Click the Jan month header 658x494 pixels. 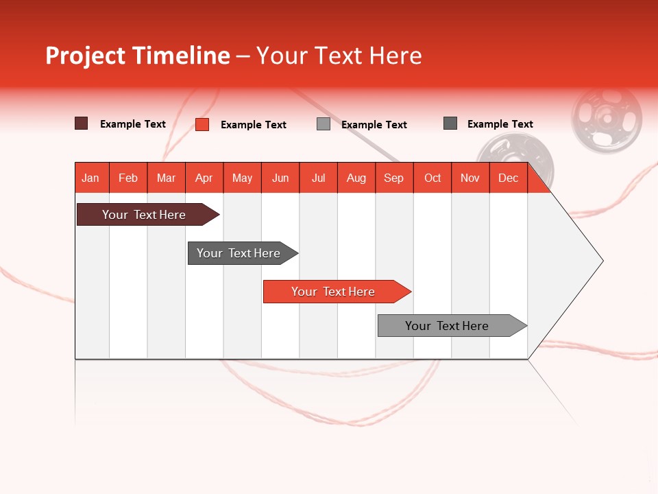tap(91, 178)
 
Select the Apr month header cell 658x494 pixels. tap(204, 178)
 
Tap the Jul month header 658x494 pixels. tap(318, 178)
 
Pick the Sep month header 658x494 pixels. tap(393, 178)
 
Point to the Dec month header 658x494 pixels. tap(508, 178)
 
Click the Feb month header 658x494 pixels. tap(128, 178)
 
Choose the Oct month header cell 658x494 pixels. tap(432, 178)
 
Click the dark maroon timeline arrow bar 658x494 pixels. tap(144, 215)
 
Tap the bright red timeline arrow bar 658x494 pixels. tap(334, 292)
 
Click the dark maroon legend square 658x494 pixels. tap(81, 123)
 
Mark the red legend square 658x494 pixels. tap(202, 124)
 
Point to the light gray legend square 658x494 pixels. tap(324, 124)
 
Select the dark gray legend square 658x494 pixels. tap(450, 123)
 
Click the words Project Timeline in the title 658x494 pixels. tap(137, 56)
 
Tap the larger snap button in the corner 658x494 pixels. tap(607, 119)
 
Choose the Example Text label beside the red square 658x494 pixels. tap(253, 125)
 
